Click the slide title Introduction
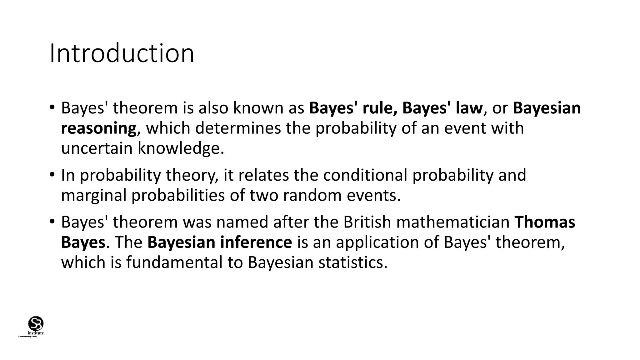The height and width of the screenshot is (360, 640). (x=122, y=53)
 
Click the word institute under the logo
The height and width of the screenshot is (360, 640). (x=36, y=333)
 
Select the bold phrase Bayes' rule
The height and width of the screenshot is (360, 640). (x=353, y=108)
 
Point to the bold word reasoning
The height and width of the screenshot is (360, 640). (x=99, y=128)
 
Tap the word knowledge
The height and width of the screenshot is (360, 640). (x=181, y=148)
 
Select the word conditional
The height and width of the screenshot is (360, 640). (x=365, y=175)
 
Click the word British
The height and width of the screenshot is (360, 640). (x=367, y=222)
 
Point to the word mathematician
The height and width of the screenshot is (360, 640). (x=453, y=222)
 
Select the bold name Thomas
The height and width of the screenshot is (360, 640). (x=545, y=222)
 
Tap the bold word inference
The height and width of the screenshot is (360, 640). (x=256, y=242)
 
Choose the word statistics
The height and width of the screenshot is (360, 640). (x=353, y=262)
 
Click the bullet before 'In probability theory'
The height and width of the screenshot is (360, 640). (x=52, y=174)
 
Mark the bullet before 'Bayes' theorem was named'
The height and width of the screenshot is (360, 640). (x=52, y=221)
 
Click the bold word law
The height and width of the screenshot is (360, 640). (x=468, y=108)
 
